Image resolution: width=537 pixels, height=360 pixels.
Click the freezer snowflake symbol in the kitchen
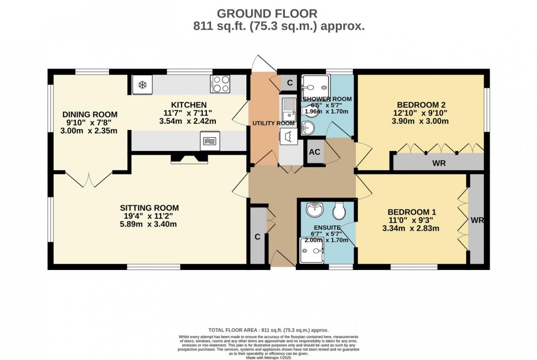click(142, 85)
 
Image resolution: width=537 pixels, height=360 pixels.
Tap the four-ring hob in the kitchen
click(220, 84)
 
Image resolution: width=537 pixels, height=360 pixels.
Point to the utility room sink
click(289, 109)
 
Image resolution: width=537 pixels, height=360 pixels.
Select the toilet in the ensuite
click(339, 211)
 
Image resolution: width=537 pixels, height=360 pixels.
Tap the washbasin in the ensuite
click(315, 209)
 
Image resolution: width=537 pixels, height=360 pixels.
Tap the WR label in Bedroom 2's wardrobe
click(439, 163)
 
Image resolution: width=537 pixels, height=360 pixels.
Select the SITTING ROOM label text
click(150, 207)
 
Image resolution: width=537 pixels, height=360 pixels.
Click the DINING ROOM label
click(90, 114)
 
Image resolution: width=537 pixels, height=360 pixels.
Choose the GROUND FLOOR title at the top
click(268, 13)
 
